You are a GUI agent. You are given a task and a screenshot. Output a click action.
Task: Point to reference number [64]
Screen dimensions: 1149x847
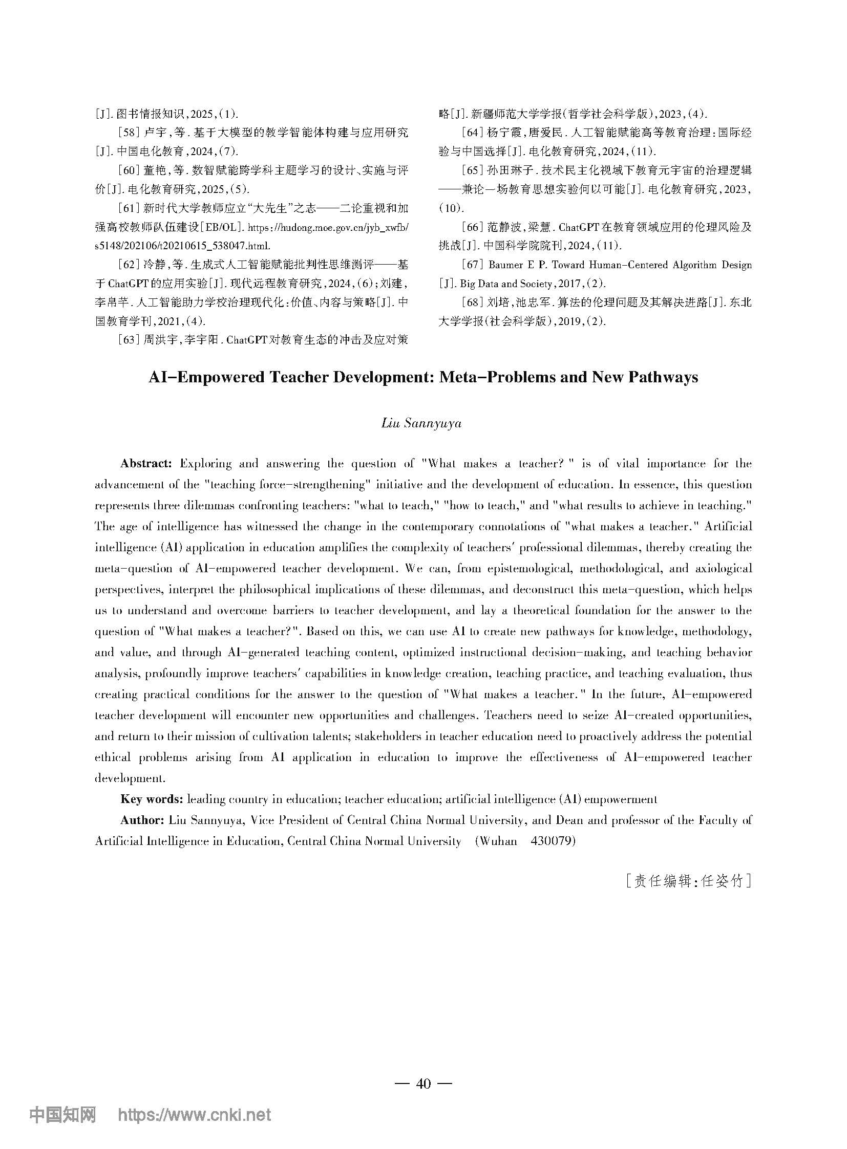point(471,133)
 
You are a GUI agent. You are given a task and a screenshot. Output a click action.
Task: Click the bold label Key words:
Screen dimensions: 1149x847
point(151,799)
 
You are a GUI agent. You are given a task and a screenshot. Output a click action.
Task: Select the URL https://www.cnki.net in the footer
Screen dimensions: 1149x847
point(194,1115)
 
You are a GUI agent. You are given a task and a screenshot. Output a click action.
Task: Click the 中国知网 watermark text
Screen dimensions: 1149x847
point(63,1115)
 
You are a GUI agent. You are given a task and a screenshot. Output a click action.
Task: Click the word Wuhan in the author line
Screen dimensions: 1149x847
point(496,841)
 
